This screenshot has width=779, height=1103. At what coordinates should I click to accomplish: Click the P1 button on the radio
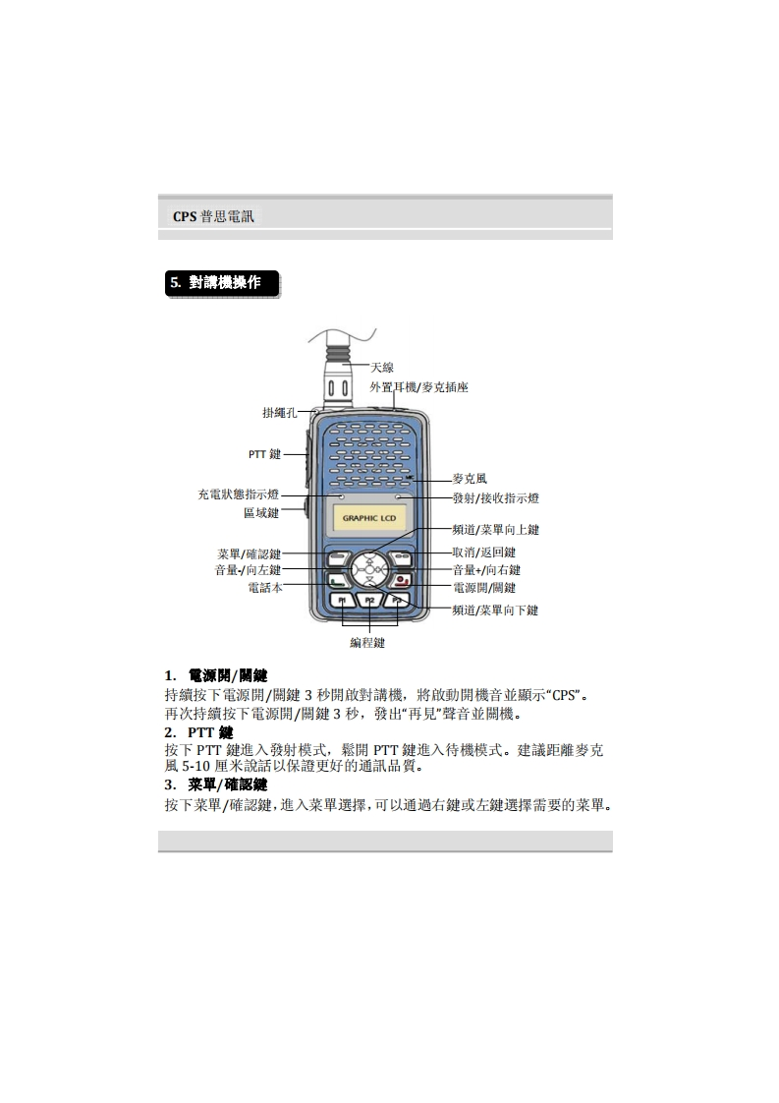click(x=341, y=600)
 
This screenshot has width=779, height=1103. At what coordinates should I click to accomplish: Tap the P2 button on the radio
click(x=368, y=600)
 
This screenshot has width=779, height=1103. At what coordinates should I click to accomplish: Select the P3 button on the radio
click(x=396, y=600)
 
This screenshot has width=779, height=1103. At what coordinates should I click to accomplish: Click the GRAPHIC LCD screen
click(x=368, y=518)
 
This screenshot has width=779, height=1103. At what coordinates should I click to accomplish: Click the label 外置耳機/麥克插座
click(x=418, y=387)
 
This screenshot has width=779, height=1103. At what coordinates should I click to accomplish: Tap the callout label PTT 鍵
click(x=264, y=454)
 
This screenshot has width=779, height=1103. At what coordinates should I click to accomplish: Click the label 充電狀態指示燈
click(x=238, y=494)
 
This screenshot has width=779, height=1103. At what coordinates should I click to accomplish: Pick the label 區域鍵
click(x=261, y=512)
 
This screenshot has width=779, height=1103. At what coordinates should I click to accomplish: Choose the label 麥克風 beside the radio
click(x=470, y=479)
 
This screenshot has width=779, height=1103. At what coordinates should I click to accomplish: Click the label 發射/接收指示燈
click(x=495, y=498)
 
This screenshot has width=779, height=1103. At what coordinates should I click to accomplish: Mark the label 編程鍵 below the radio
click(x=367, y=643)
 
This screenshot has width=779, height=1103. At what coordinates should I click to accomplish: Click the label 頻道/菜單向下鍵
click(x=495, y=610)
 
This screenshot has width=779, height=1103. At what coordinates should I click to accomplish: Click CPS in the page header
click(x=185, y=216)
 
